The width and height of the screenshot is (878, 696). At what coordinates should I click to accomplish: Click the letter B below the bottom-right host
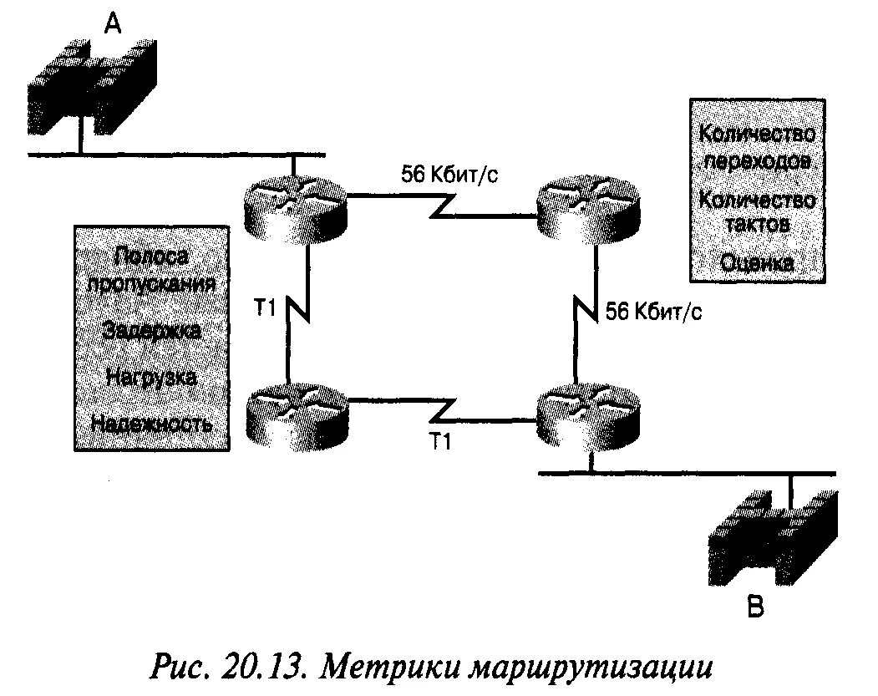[755, 608]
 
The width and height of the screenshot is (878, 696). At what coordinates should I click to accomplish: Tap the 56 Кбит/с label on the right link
[653, 312]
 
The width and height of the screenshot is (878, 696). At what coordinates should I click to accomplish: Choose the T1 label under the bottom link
[439, 443]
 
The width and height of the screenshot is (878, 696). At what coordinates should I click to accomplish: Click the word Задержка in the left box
[152, 330]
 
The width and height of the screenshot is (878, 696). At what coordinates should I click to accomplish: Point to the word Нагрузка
[152, 376]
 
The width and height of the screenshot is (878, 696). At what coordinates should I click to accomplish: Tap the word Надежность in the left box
[152, 423]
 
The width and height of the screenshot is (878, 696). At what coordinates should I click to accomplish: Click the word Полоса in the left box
[152, 257]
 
